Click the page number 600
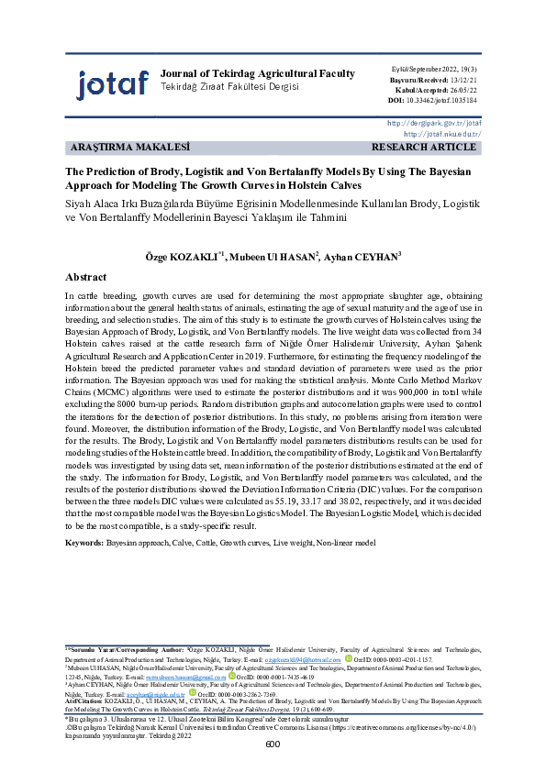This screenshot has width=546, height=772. tap(273, 744)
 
